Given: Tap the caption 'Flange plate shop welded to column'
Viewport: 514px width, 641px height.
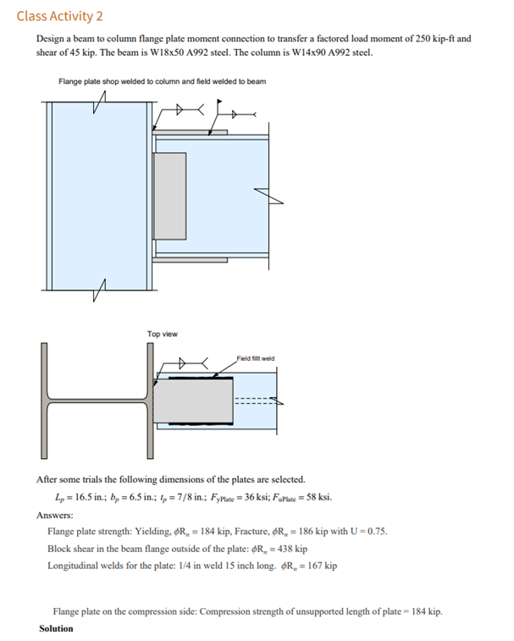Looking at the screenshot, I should pos(135,81).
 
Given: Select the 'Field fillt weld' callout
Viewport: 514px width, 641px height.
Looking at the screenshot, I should pos(255,358).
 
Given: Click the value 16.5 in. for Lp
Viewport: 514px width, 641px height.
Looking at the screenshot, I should pos(89,497).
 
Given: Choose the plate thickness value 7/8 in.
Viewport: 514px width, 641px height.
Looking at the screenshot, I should pos(184,497).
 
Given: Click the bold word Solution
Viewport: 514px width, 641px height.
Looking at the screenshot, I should pos(56,628).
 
